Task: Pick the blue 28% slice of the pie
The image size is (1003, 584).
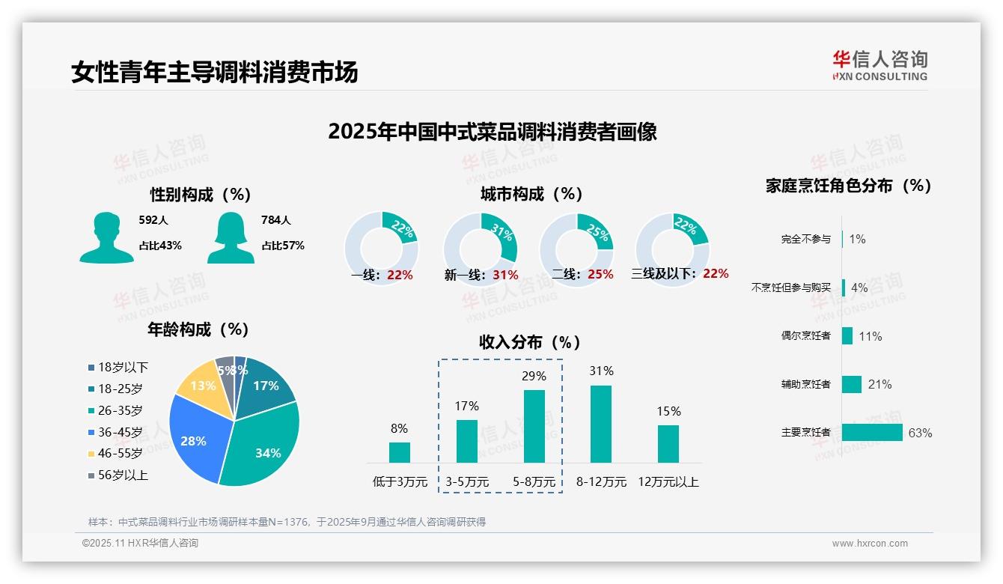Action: coord(194,438)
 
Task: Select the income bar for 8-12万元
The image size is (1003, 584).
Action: coord(601,424)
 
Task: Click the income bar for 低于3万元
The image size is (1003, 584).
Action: coord(399,452)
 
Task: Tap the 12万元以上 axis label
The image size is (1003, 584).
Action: coord(668,482)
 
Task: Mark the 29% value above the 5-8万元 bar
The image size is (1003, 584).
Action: coord(534,376)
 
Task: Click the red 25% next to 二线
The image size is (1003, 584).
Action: coord(600,275)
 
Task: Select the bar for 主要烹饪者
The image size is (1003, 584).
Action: coord(872,433)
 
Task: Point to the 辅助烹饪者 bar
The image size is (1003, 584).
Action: coord(852,384)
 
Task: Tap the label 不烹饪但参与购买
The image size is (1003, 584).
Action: coord(790,288)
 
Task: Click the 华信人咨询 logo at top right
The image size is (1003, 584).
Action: coord(879,65)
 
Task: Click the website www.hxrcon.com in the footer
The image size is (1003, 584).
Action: coord(869,544)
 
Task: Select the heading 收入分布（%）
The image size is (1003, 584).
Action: coord(530,342)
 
